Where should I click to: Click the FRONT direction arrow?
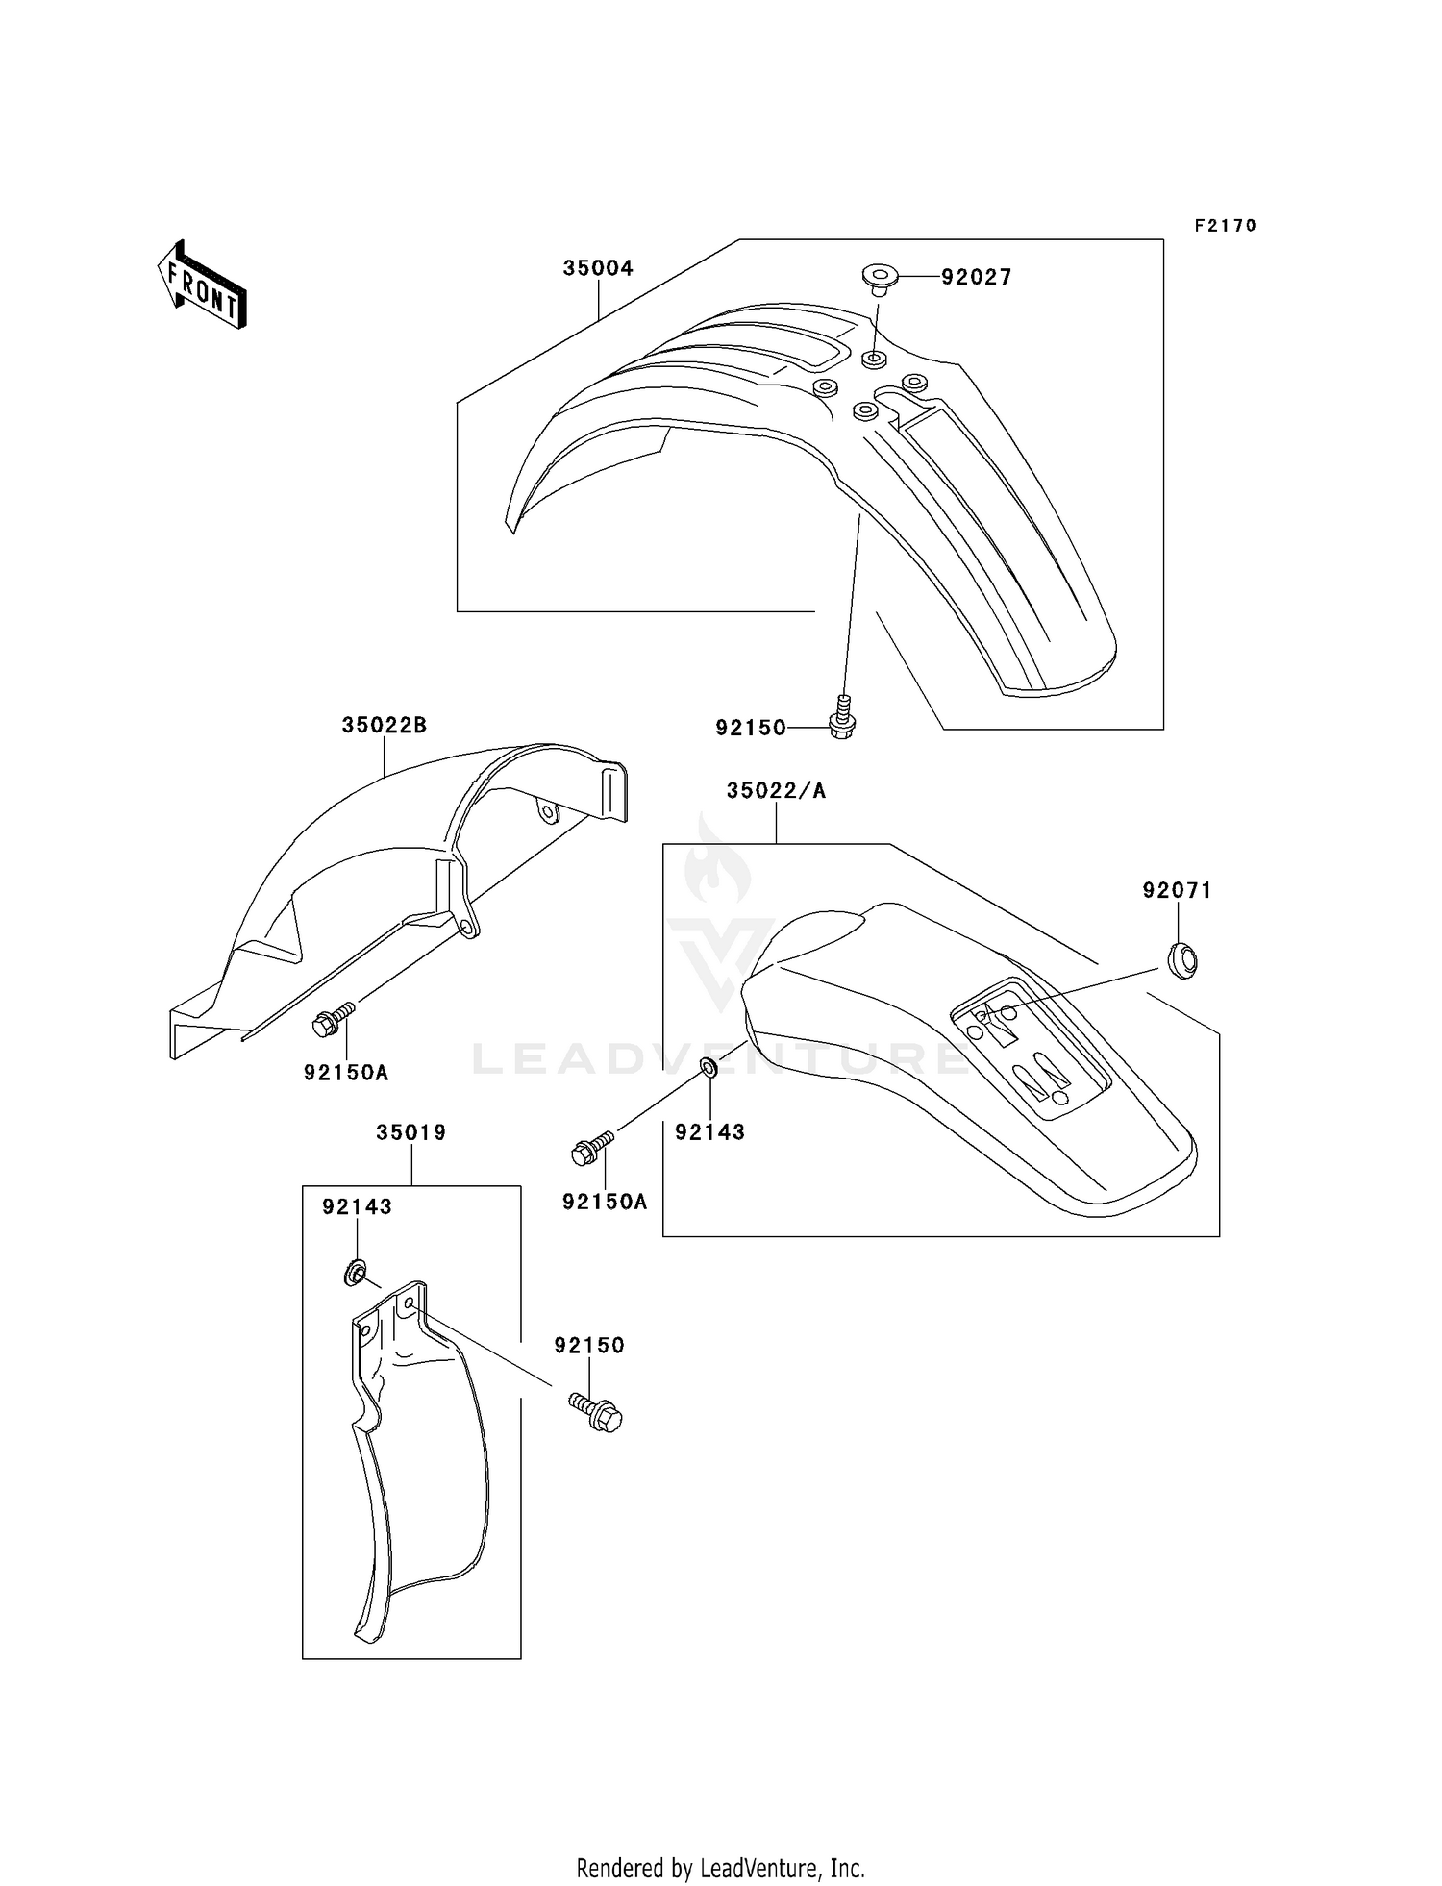[203, 285]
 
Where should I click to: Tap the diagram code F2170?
[1225, 226]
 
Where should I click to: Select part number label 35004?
[598, 268]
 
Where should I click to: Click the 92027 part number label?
[976, 278]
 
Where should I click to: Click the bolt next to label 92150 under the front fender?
[842, 717]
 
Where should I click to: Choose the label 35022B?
[384, 725]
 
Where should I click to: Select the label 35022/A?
[776, 790]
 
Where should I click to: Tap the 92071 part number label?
[1177, 891]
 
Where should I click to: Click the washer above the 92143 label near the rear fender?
[708, 1067]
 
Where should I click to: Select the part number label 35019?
[411, 1132]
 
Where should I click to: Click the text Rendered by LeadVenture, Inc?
[720, 1868]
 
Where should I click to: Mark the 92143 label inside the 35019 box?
[357, 1206]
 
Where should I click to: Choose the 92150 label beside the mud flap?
[588, 1346]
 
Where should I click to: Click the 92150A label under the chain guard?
[346, 1073]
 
